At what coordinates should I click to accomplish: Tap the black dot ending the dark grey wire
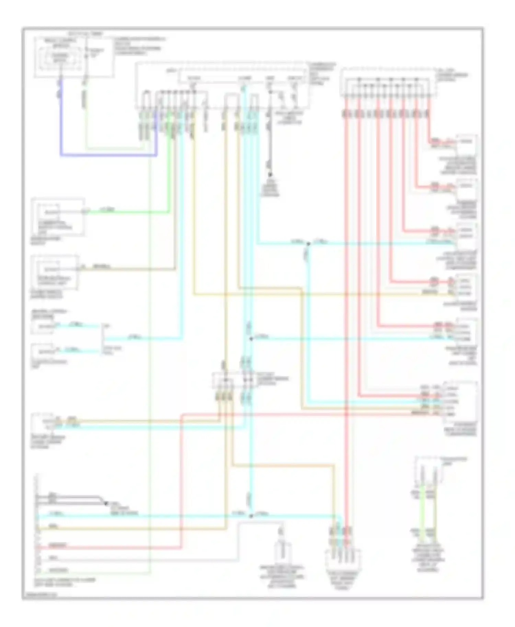[270, 175]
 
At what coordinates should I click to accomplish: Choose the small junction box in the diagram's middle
[232, 380]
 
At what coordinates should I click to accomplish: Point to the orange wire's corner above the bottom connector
[333, 466]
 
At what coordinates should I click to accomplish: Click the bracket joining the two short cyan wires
[102, 338]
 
